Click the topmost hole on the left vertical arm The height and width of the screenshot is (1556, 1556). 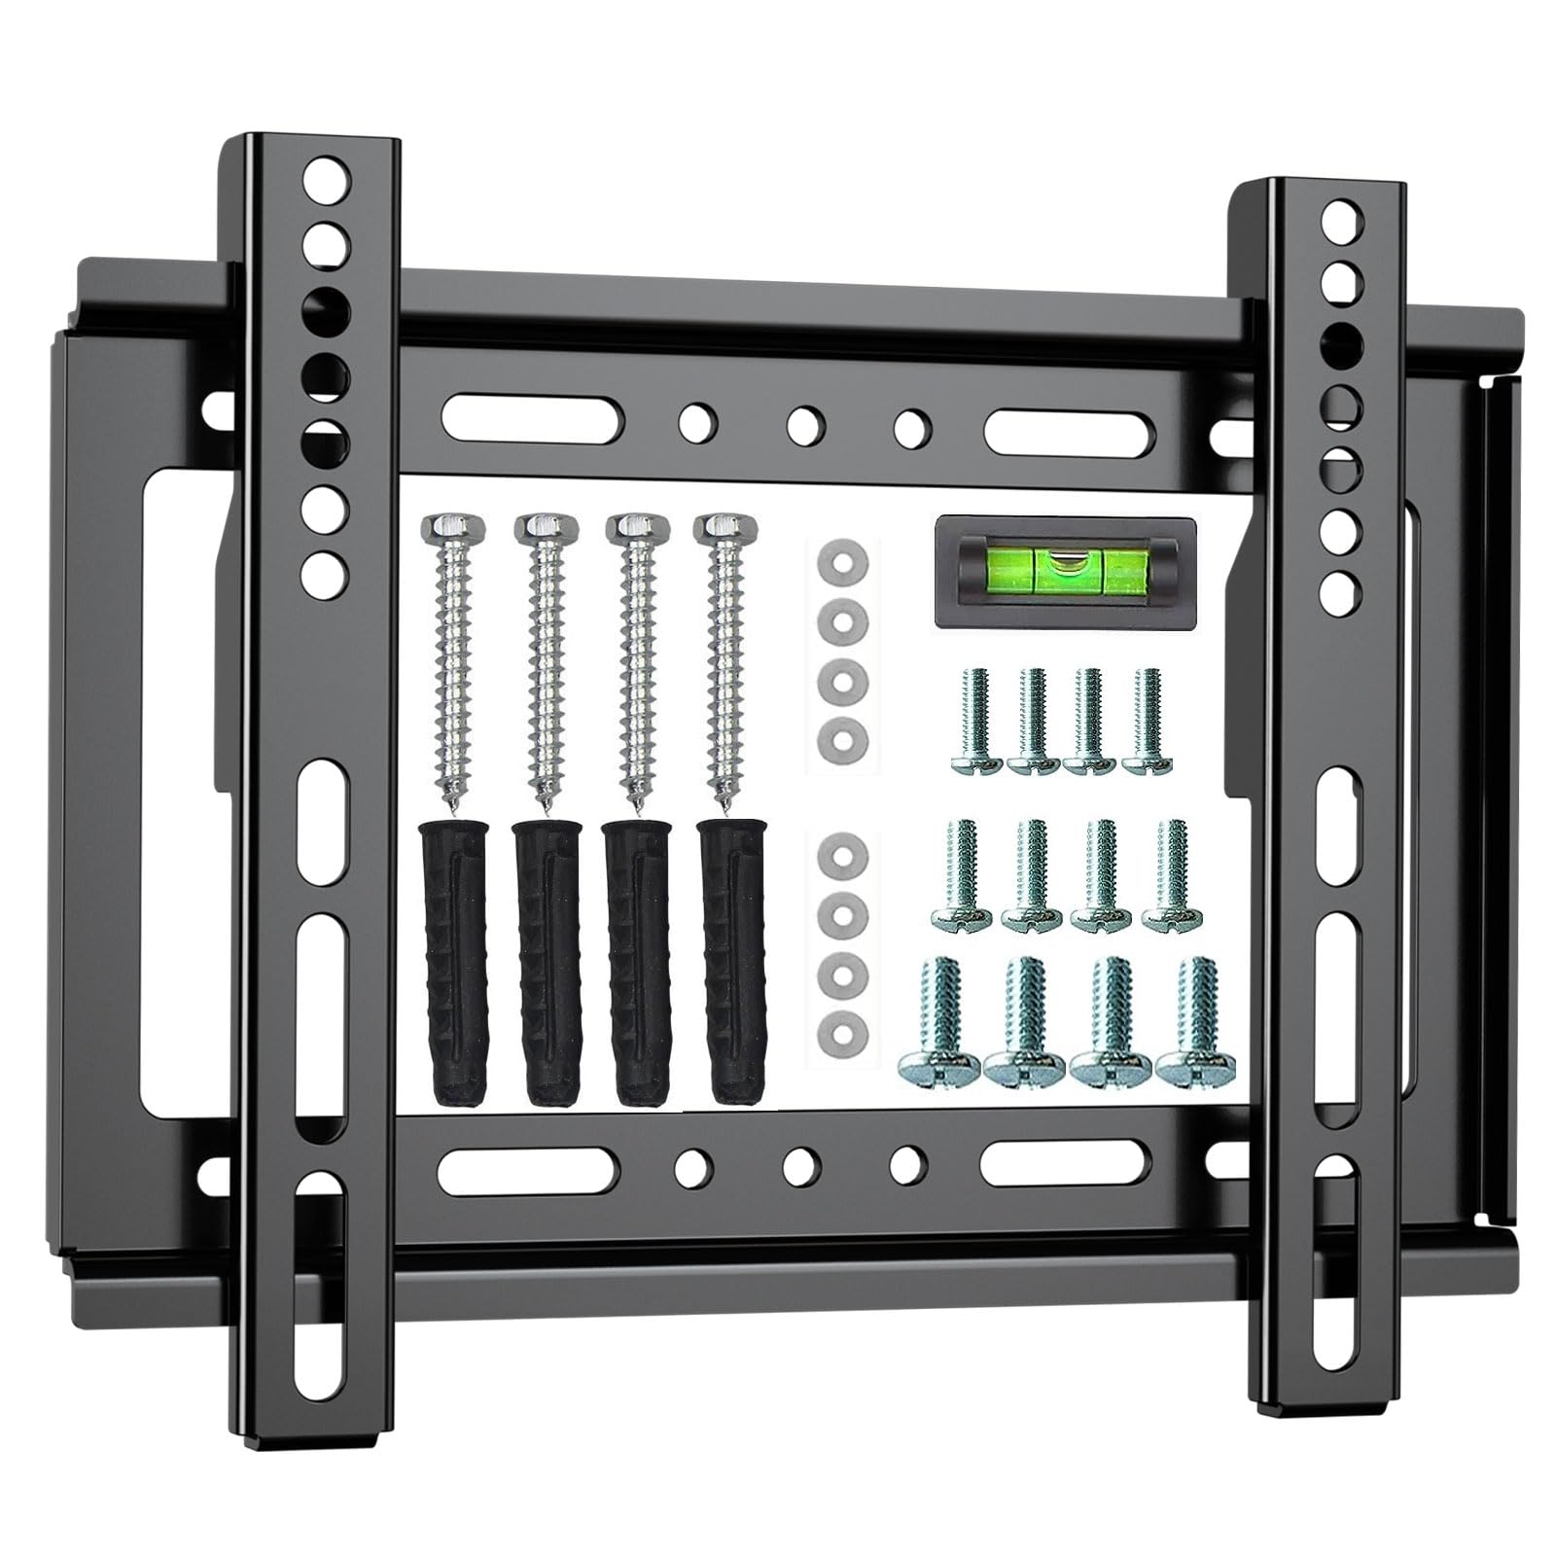click(x=325, y=178)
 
